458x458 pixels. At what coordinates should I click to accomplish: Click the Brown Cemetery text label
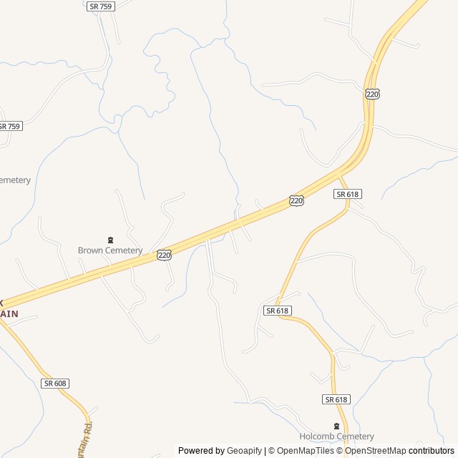110,250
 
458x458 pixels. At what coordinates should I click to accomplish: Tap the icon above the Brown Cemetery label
110,240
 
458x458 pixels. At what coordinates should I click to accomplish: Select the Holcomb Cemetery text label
336,437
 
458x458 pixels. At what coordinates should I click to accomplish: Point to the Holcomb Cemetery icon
336,426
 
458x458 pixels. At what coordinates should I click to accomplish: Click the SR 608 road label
54,384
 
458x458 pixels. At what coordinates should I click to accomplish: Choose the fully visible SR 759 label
101,6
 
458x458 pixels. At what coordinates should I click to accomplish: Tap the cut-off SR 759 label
10,126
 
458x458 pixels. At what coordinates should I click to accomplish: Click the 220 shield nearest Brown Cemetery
164,255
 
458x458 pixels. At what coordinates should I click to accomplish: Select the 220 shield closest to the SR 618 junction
296,201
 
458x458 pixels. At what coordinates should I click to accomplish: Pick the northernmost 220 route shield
371,94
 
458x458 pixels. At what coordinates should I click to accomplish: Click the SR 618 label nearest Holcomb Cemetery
336,399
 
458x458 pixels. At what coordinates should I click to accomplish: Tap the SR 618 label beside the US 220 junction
348,194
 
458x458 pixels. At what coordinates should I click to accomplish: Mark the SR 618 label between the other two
277,311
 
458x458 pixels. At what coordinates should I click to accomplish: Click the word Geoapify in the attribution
244,451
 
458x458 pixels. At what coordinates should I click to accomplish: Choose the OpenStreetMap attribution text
376,451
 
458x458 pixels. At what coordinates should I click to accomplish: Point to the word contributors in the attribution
432,451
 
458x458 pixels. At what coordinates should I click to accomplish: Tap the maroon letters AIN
9,313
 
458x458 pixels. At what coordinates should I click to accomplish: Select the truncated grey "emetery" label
15,180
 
